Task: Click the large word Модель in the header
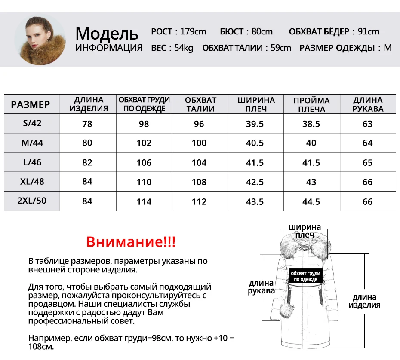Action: point(107,33)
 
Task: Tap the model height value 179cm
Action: point(193,31)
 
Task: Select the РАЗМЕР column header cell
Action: point(31,104)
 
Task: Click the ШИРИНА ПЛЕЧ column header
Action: point(256,104)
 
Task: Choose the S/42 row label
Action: point(32,123)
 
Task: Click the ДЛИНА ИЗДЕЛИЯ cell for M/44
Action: point(87,143)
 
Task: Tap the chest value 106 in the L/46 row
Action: point(144,162)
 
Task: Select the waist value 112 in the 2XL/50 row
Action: point(199,201)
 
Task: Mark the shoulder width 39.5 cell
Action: point(255,124)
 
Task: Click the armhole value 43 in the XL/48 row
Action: point(311,182)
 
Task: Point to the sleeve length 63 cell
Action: point(367,124)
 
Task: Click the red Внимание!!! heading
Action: point(131,242)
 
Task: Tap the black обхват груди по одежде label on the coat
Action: point(305,276)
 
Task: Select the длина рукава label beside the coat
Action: point(261,287)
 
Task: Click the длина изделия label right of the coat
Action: point(364,301)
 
